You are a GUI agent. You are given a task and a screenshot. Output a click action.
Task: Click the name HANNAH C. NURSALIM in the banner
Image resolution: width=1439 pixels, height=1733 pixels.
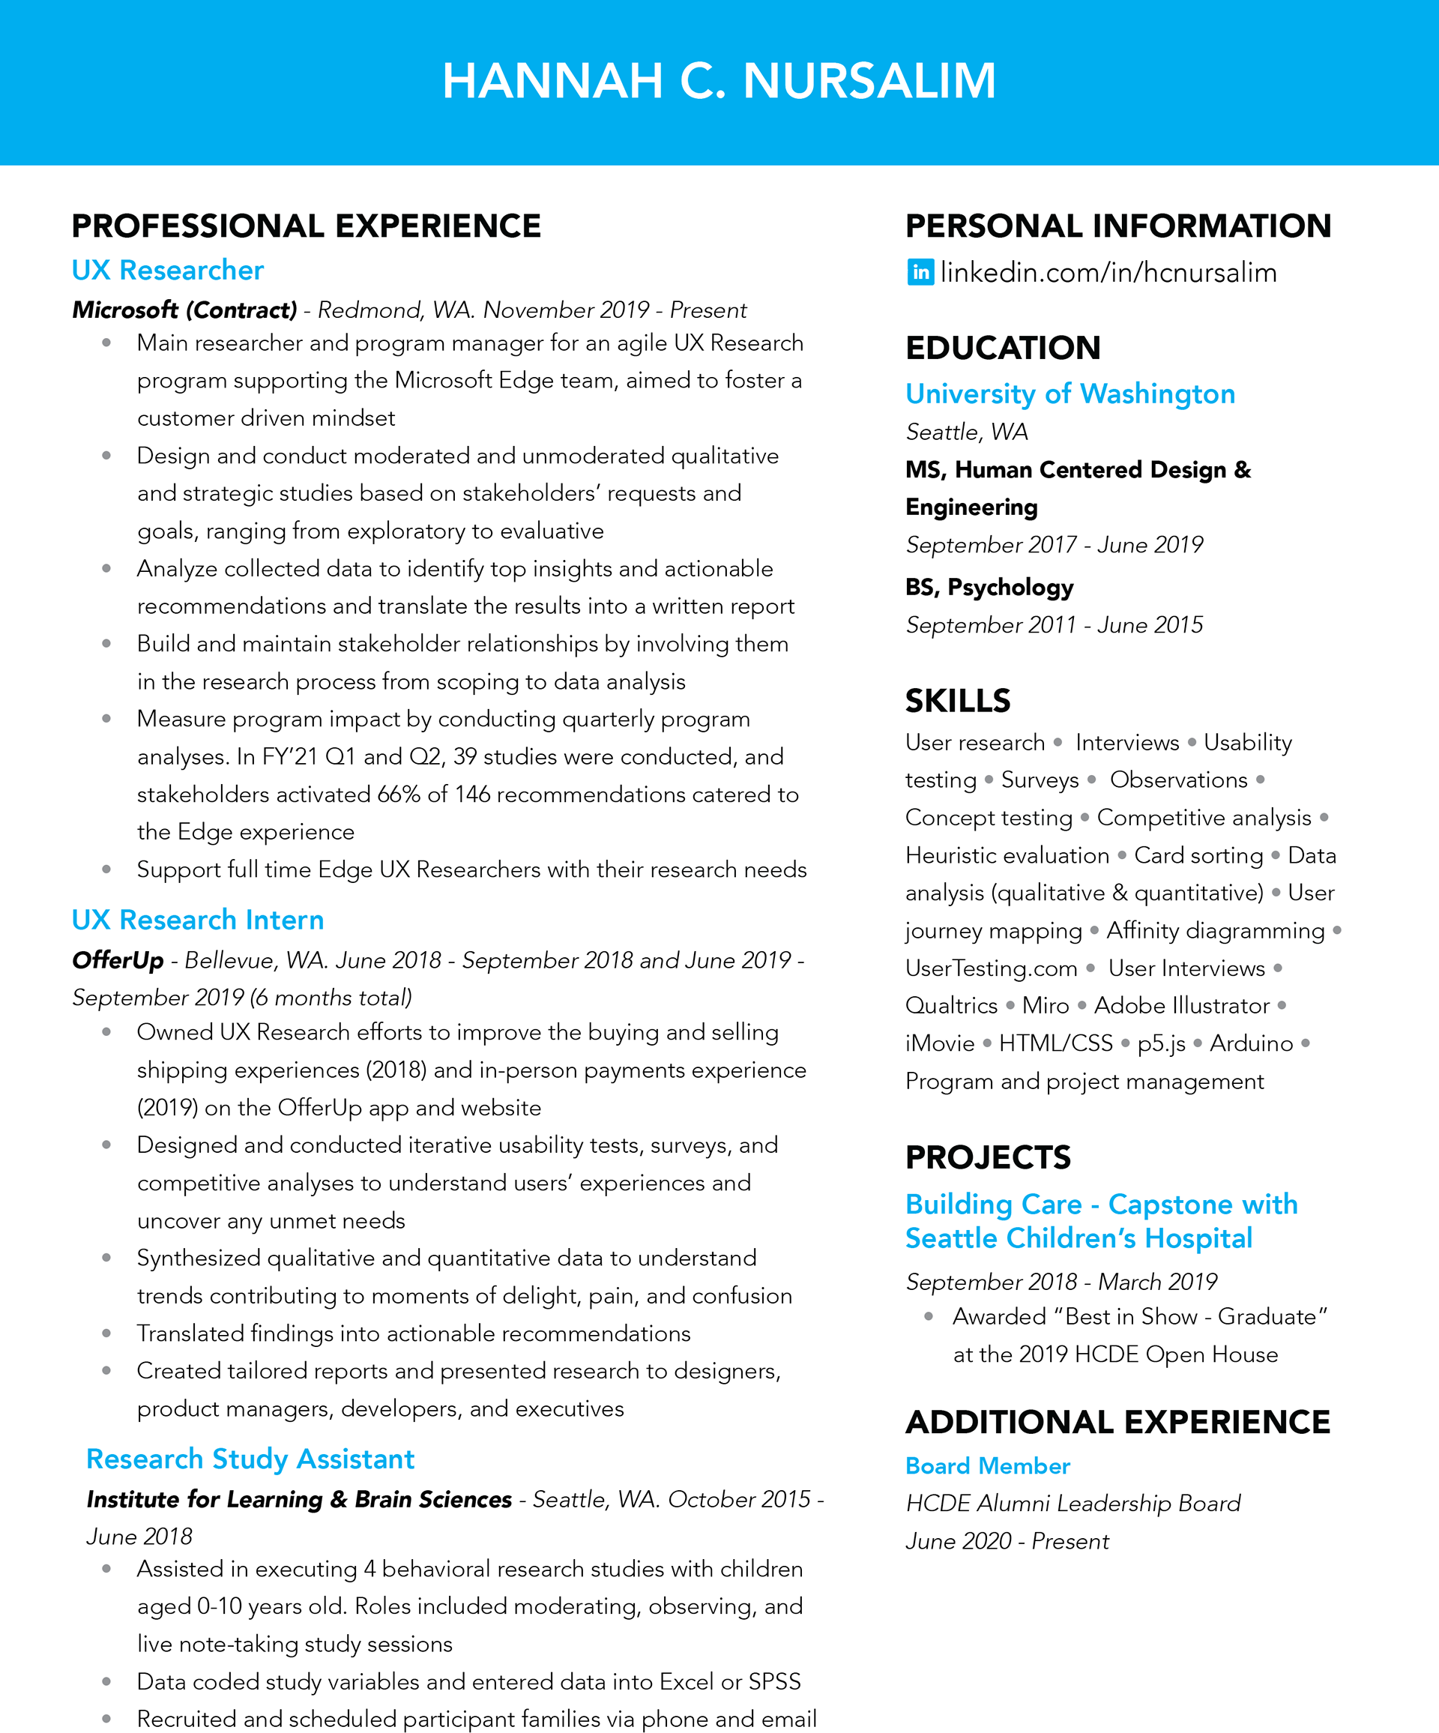[719, 81]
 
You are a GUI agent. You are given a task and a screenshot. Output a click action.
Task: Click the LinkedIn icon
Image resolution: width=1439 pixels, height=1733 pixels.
[920, 271]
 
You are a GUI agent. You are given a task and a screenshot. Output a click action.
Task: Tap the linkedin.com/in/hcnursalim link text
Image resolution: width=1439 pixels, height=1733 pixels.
[1108, 272]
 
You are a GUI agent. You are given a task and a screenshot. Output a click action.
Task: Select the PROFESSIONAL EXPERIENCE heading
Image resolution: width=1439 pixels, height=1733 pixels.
[306, 226]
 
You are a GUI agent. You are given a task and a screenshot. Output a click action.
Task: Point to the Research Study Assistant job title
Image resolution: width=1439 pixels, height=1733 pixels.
[250, 1458]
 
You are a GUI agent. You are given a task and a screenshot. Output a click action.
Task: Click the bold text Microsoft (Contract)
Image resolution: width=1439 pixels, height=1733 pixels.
[184, 310]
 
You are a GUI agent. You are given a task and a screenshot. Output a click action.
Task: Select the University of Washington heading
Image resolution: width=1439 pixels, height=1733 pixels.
[1070, 394]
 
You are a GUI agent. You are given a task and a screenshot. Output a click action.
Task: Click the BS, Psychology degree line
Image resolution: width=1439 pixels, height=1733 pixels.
[989, 587]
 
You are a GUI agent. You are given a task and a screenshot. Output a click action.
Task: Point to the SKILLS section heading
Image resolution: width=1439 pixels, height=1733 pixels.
[957, 701]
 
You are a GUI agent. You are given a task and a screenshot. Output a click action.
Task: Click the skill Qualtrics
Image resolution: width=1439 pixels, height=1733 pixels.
[951, 1005]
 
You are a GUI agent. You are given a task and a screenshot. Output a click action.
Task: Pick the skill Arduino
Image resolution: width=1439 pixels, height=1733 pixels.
[1251, 1043]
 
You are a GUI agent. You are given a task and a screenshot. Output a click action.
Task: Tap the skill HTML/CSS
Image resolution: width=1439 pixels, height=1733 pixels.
[1055, 1043]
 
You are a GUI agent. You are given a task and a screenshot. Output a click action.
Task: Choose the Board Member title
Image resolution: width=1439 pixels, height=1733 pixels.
[987, 1465]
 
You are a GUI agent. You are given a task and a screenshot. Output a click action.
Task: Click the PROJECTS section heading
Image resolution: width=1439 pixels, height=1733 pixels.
[988, 1157]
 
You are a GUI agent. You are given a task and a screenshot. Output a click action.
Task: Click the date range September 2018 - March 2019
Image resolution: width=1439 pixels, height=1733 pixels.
[1061, 1282]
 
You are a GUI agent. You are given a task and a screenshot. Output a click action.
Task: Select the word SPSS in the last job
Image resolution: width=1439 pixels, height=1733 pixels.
[774, 1681]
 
